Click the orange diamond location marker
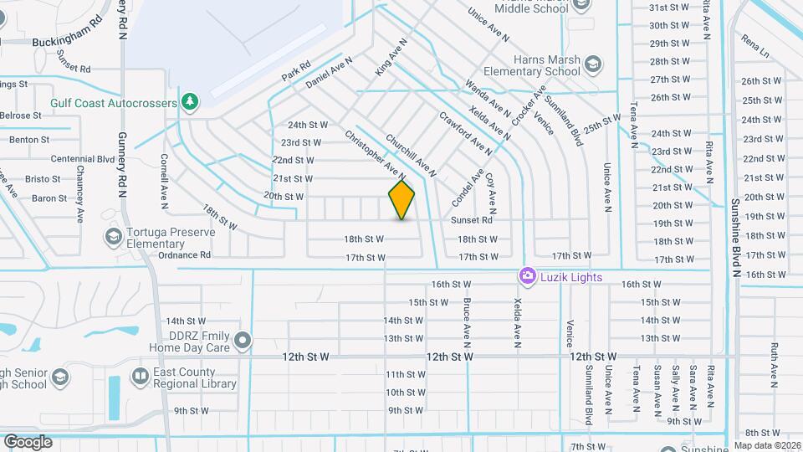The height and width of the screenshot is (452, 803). [401, 199]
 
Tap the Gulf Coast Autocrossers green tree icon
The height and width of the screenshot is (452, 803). [191, 101]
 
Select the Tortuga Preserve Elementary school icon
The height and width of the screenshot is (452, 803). [112, 238]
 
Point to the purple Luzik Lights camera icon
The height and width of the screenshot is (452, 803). [527, 275]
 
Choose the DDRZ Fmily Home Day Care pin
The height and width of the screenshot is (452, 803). [243, 340]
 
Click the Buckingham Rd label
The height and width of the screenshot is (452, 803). [67, 41]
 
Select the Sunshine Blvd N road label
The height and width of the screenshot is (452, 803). [736, 230]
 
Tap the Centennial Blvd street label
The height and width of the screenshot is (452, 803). [82, 158]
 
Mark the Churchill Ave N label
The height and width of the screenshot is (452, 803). [410, 156]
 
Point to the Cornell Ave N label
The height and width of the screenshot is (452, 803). [164, 167]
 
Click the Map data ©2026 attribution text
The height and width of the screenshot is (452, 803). [766, 445]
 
